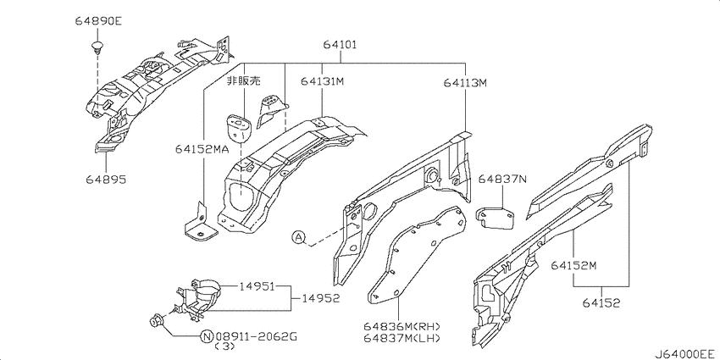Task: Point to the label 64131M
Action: [323, 81]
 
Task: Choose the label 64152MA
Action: [202, 149]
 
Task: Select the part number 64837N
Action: [502, 179]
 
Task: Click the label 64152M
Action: [573, 266]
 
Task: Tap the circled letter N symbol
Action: [206, 336]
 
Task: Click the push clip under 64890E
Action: [98, 42]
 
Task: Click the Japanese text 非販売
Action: [241, 82]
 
